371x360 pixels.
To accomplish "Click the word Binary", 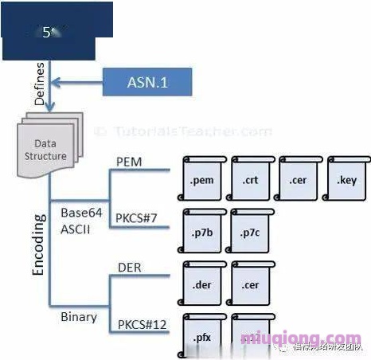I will [79, 317].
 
